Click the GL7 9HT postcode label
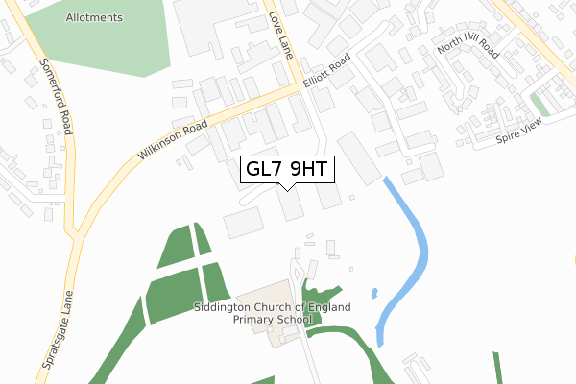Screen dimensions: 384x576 click(287, 170)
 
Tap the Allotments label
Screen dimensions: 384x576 click(95, 18)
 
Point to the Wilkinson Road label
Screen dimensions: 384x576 click(172, 140)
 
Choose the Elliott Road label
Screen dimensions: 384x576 click(327, 74)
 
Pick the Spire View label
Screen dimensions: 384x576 click(519, 133)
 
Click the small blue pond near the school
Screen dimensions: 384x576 click(373, 293)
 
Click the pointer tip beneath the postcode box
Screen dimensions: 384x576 click(287, 188)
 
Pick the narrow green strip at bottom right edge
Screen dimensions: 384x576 click(497, 369)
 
